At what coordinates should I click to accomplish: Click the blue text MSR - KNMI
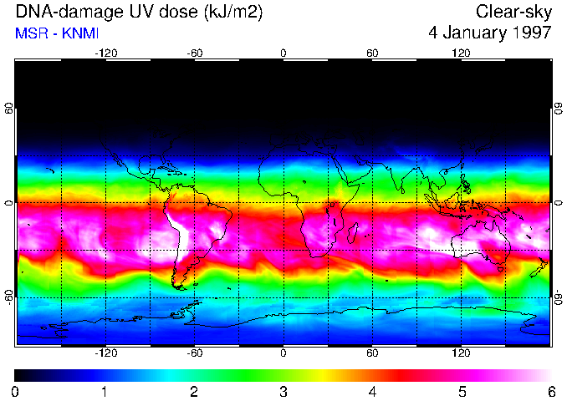click(53, 33)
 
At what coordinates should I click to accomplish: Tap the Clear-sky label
click(513, 13)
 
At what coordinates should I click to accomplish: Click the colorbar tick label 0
click(15, 391)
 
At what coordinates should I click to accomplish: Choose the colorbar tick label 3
click(283, 391)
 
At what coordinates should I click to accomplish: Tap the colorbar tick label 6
click(551, 391)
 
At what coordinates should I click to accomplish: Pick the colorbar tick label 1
click(105, 391)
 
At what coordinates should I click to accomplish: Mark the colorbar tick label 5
click(462, 391)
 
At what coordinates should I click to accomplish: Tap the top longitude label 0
click(283, 53)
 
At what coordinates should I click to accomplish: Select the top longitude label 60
click(372, 53)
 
